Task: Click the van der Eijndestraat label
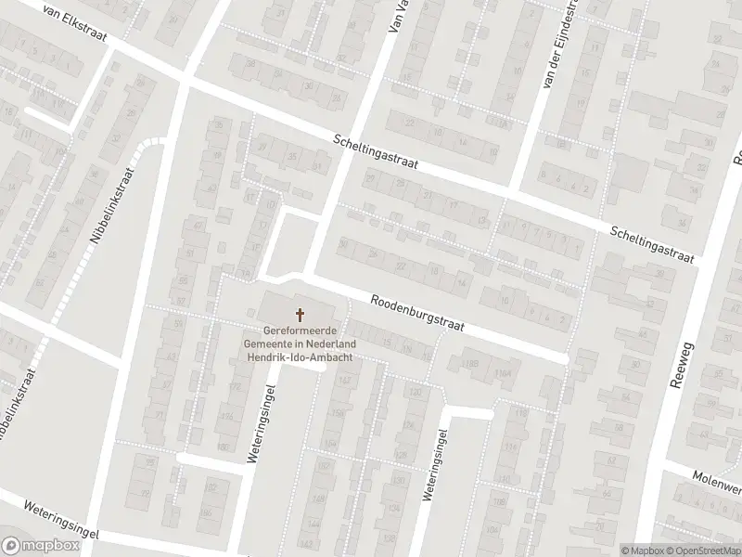pos(563,46)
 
